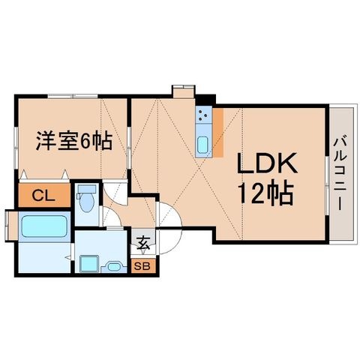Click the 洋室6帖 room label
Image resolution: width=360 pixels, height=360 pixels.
[x=74, y=141]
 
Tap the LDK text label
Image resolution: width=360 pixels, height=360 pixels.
[x=267, y=163]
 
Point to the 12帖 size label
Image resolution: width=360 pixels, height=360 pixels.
[x=265, y=194]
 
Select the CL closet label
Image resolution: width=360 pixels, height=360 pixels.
[x=43, y=196]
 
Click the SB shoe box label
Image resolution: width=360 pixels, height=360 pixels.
[x=142, y=266]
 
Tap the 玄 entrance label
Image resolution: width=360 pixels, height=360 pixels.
[x=143, y=242]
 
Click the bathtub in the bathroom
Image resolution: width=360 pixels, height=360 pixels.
[x=44, y=226]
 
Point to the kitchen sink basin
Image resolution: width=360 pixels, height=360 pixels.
[x=203, y=145]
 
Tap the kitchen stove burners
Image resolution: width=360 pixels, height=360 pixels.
[x=203, y=115]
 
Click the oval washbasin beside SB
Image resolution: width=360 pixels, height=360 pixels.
[x=114, y=266]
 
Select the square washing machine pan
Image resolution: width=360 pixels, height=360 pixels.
[x=89, y=263]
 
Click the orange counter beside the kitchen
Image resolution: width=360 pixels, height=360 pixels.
[x=218, y=133]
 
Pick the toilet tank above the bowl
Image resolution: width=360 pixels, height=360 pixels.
[x=87, y=189]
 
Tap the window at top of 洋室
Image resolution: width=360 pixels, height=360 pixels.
[x=73, y=96]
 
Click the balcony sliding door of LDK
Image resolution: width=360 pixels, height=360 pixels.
[x=327, y=185]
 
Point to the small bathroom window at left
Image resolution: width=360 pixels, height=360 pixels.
[x=7, y=226]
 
